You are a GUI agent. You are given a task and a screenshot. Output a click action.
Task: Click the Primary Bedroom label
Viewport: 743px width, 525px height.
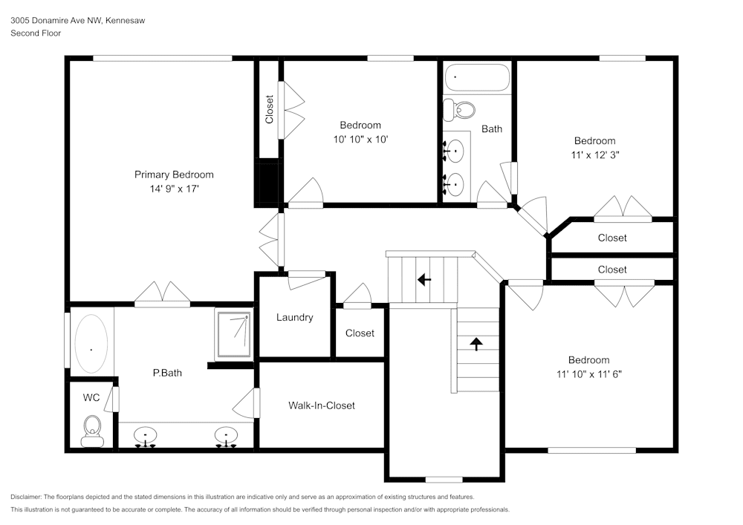pos(174,175)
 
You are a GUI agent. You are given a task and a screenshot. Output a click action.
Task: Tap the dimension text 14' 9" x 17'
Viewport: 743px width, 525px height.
pos(174,189)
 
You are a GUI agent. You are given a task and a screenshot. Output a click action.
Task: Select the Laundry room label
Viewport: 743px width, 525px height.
pos(294,317)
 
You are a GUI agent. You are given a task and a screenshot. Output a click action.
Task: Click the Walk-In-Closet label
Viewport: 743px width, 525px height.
pos(322,405)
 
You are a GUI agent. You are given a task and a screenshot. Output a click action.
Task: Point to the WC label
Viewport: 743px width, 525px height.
pos(91,397)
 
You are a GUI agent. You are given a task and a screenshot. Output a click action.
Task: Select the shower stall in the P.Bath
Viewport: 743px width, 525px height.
pos(233,334)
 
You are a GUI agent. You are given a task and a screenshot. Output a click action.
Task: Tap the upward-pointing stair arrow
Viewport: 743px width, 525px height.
pos(476,343)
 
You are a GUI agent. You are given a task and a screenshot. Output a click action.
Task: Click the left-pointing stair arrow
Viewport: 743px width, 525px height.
pos(424,280)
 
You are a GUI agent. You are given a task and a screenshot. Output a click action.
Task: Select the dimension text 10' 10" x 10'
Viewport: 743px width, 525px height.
pos(360,139)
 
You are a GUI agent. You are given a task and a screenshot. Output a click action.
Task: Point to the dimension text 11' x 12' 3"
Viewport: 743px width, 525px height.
pos(594,155)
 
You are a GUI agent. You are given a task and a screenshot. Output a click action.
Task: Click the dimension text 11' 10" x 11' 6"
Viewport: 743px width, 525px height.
pos(588,374)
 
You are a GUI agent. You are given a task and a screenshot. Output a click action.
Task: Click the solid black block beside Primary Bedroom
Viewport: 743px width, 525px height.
pos(266,183)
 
